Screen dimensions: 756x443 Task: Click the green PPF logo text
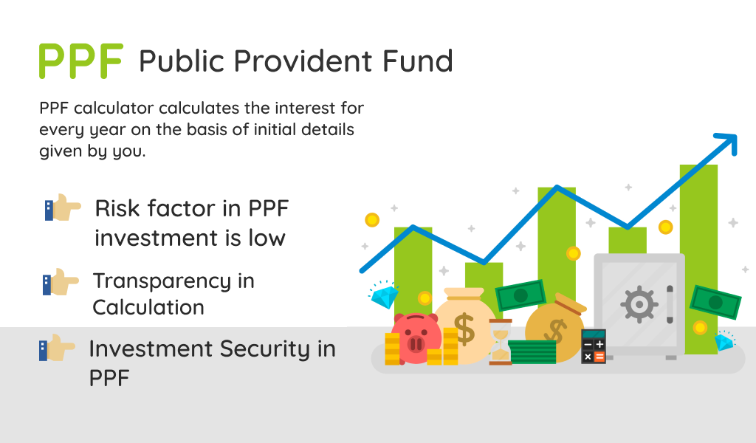click(81, 61)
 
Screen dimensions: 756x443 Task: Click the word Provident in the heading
click(303, 61)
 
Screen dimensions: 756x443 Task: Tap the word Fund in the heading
click(418, 61)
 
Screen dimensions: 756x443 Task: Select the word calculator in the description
click(113, 108)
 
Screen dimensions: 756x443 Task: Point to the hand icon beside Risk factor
click(63, 207)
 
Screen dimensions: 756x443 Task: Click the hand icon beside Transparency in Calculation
click(61, 282)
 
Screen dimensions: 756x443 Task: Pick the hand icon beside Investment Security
click(57, 348)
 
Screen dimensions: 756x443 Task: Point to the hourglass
click(501, 342)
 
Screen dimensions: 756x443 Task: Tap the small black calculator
click(594, 346)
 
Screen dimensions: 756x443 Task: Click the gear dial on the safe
click(639, 304)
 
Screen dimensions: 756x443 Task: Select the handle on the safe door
click(670, 304)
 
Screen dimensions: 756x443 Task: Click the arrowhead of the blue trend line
click(728, 142)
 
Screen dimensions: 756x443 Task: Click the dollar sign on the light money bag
click(465, 329)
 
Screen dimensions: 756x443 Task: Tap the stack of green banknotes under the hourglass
click(532, 352)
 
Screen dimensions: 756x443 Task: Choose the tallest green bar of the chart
click(698, 259)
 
